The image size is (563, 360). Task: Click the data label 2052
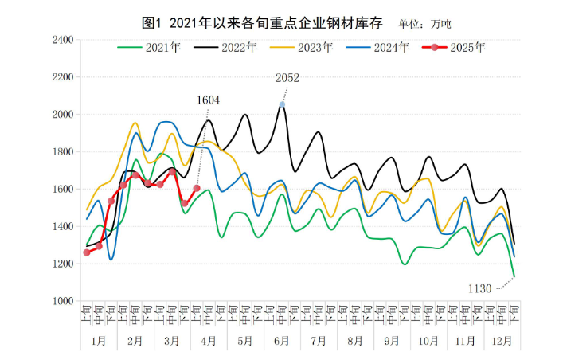click(287, 78)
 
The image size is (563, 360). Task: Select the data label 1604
click(208, 100)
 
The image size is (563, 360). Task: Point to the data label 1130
click(480, 288)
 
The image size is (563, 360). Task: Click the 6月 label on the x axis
click(281, 340)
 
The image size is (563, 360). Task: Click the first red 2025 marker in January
click(87, 252)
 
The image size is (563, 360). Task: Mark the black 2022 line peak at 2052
click(282, 104)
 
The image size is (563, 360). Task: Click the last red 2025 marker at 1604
click(197, 188)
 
